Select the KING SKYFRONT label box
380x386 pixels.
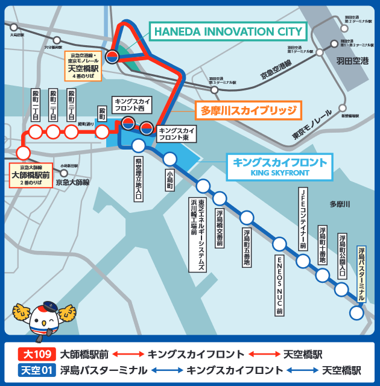point(280,167)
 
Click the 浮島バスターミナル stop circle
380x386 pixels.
point(356,313)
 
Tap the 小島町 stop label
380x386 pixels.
point(170,179)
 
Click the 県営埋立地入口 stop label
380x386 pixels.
point(138,179)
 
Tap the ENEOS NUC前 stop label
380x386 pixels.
point(279,285)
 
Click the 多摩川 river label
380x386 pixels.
point(340,204)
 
